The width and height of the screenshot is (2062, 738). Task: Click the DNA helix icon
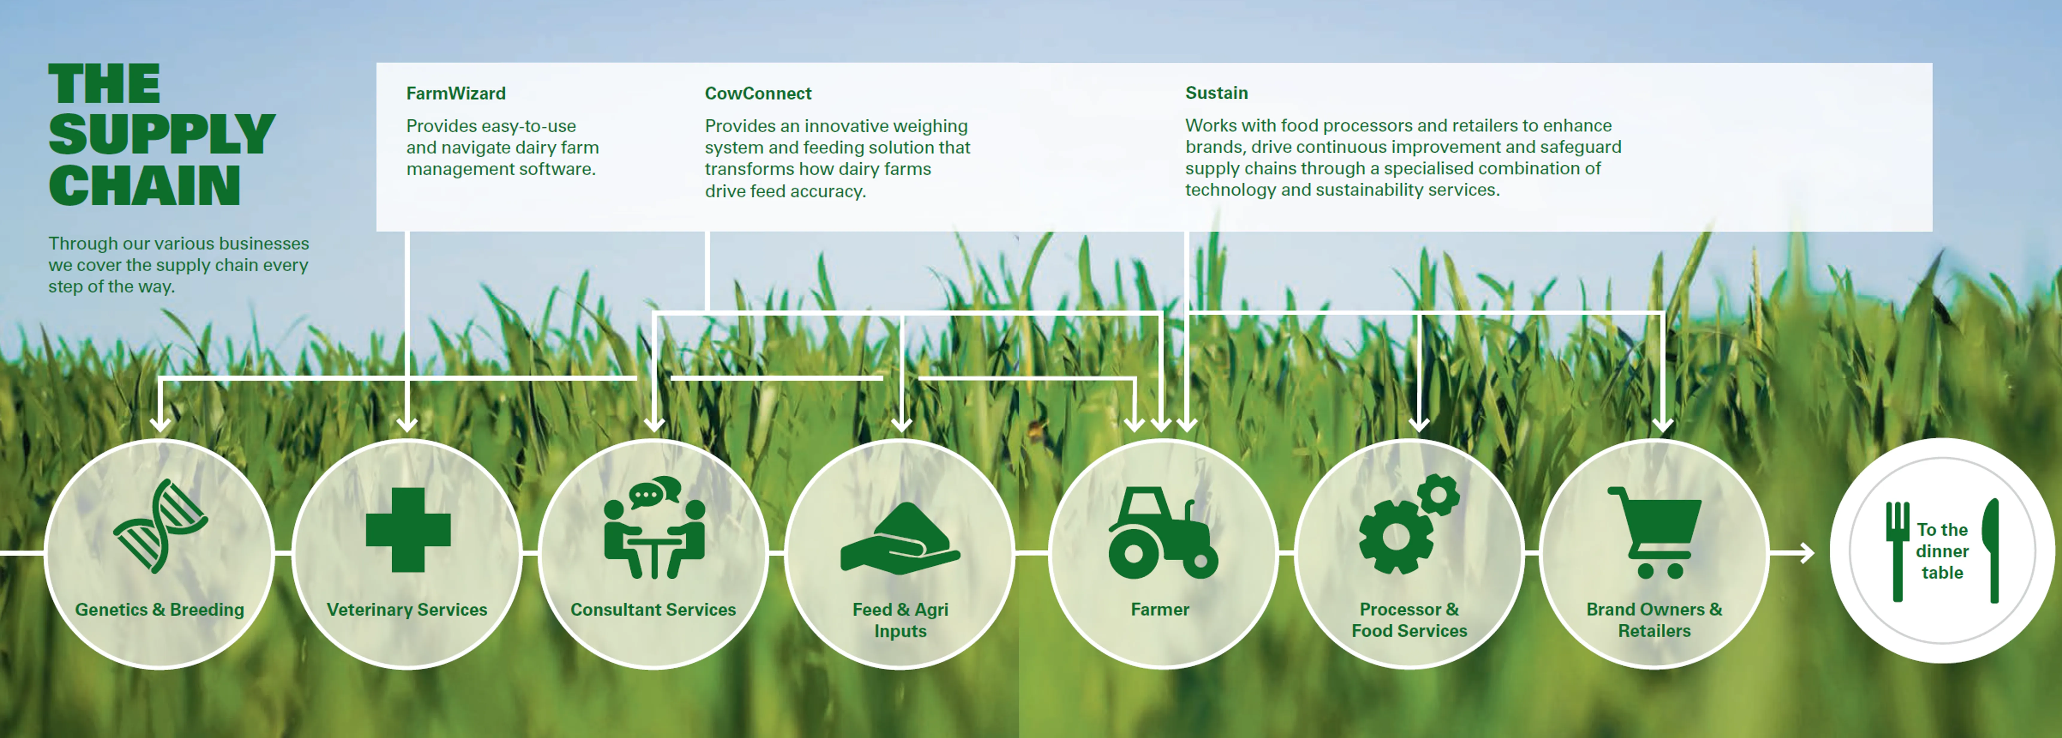[x=160, y=526]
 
